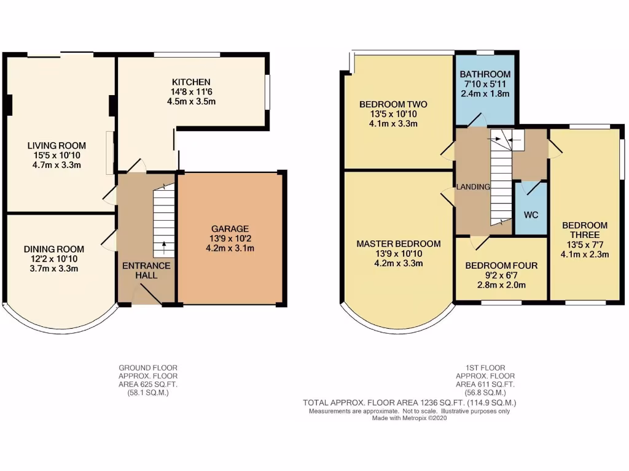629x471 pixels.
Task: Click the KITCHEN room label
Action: (x=191, y=82)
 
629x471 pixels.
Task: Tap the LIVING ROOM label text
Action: (x=57, y=145)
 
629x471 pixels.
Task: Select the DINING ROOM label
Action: (x=55, y=249)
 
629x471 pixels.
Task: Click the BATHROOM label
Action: (x=485, y=74)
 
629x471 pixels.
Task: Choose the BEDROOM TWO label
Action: (x=393, y=104)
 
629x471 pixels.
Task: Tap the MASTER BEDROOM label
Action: (x=399, y=243)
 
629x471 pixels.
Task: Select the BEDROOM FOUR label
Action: (x=501, y=266)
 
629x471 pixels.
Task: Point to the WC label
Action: (x=531, y=215)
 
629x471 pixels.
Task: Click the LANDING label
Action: (x=473, y=187)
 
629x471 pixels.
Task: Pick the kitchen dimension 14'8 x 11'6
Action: (x=191, y=92)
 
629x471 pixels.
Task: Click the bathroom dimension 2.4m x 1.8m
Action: (x=485, y=94)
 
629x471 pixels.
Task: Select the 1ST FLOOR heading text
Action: (x=485, y=367)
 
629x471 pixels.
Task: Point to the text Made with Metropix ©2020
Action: (x=409, y=419)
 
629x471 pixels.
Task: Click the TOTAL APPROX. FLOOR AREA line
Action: (x=409, y=403)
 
